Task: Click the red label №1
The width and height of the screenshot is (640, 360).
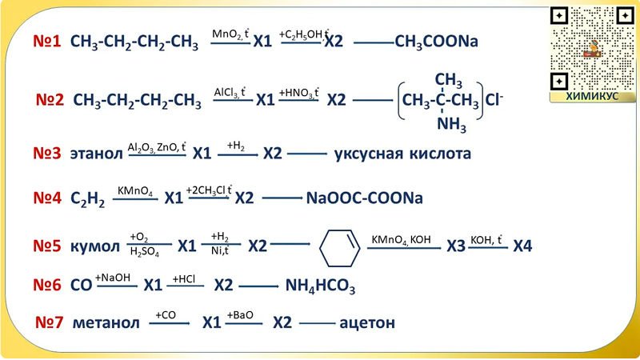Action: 47,41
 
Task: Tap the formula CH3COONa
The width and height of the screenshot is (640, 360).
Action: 436,42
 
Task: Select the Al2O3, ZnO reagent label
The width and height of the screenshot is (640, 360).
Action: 156,146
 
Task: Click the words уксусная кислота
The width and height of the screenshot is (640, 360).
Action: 402,153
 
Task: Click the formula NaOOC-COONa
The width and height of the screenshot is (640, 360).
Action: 365,198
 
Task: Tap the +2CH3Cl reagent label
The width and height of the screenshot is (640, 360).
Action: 209,190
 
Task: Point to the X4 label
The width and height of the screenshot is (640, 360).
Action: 522,246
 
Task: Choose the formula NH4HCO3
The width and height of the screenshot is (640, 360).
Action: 320,286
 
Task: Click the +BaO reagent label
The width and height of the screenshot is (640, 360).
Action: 240,315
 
